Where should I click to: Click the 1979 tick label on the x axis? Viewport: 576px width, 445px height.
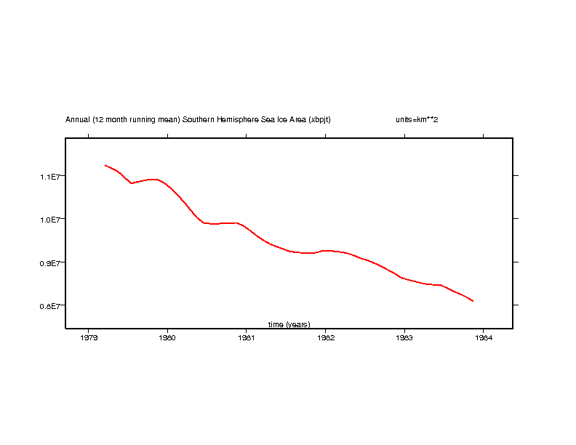pyautogui.click(x=89, y=337)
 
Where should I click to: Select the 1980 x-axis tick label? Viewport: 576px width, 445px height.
pyautogui.click(x=167, y=337)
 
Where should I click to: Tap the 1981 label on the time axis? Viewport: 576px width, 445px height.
pyautogui.click(x=247, y=337)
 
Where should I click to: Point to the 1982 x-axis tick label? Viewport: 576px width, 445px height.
pyautogui.click(x=325, y=337)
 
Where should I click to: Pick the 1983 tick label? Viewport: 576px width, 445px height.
pyautogui.click(x=404, y=337)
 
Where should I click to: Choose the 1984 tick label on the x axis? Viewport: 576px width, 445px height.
pyautogui.click(x=483, y=337)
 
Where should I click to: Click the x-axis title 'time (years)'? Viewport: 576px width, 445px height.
pyautogui.click(x=289, y=324)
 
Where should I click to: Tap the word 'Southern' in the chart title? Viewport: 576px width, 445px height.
pyautogui.click(x=197, y=119)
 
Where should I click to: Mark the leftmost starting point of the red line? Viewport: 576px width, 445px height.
pyautogui.click(x=105, y=165)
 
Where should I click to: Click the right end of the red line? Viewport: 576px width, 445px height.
pyautogui.click(x=473, y=301)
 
